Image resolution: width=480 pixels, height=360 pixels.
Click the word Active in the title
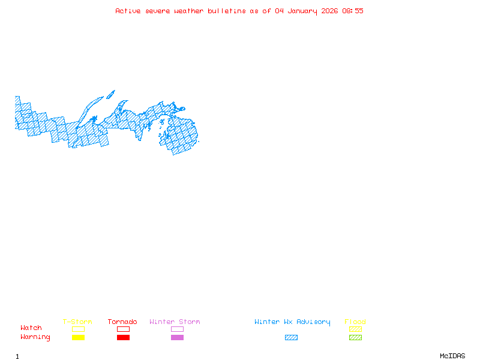(128, 11)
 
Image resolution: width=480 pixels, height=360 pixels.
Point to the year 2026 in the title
(329, 11)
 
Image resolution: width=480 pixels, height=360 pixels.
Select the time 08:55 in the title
(353, 11)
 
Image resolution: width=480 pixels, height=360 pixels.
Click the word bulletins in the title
(226, 11)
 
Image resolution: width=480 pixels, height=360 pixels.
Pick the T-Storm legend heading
(77, 322)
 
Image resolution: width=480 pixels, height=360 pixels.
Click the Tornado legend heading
(122, 322)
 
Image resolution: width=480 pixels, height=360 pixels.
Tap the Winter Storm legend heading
(175, 322)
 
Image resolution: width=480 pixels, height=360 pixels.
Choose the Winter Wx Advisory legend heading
(292, 322)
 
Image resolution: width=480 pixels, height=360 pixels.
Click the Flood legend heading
(355, 322)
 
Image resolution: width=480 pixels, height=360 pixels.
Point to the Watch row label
(31, 328)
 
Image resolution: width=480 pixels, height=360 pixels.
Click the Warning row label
(35, 337)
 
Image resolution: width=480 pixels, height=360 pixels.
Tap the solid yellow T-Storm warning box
(78, 338)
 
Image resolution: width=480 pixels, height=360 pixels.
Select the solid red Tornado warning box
(123, 338)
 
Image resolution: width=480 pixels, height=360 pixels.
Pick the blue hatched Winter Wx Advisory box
(291, 338)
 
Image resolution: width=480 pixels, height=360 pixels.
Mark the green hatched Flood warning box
(355, 338)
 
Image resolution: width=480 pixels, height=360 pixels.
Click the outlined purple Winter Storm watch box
(177, 329)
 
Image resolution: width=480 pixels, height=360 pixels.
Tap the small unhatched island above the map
(110, 94)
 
